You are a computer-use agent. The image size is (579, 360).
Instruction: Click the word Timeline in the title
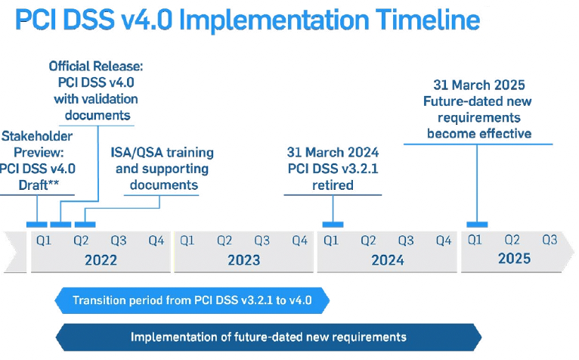[428, 20]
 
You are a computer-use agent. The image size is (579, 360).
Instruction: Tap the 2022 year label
[101, 260]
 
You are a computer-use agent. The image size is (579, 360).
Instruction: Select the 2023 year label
[243, 260]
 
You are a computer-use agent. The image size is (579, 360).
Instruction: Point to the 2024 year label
[387, 260]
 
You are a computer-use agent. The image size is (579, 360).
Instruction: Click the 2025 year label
[514, 259]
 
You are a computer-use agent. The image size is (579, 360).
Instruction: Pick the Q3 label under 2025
[550, 240]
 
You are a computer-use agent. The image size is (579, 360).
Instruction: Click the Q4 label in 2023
[299, 241]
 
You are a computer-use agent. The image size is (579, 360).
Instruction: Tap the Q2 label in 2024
[368, 241]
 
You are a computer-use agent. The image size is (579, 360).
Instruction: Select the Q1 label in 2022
[44, 241]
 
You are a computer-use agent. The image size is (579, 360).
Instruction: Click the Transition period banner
[192, 300]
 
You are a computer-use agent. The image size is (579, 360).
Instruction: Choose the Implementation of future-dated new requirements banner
[268, 337]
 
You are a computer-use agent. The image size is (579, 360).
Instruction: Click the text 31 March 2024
[333, 152]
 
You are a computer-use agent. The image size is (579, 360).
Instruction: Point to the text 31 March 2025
[479, 85]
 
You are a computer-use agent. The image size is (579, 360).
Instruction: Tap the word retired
[333, 185]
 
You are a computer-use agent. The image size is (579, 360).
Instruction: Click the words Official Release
[96, 66]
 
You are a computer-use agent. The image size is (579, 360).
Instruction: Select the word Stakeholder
[37, 136]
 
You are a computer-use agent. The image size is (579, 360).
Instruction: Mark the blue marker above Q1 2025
[477, 225]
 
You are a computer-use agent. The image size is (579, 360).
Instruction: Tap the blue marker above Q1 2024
[333, 225]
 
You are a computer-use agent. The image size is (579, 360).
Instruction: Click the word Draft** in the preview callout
[39, 185]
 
